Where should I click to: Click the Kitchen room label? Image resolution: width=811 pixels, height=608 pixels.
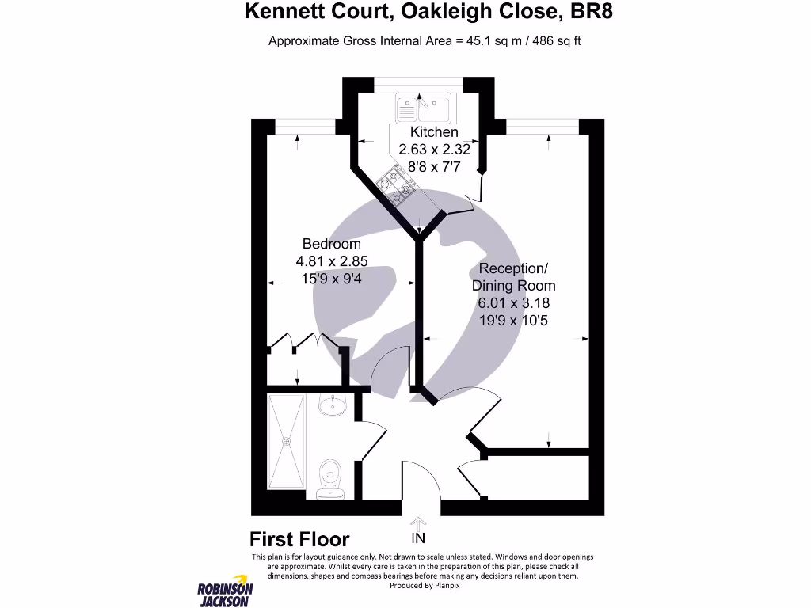click(433, 132)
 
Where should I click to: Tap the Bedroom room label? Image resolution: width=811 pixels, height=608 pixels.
click(331, 244)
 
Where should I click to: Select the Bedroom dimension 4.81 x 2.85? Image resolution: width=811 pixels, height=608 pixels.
click(331, 261)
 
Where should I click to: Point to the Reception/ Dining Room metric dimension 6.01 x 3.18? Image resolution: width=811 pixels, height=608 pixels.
click(513, 302)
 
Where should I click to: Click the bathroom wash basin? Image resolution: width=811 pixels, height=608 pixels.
click(333, 407)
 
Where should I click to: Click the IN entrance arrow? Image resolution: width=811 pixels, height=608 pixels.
click(418, 530)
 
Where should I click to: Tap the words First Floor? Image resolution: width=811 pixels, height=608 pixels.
click(299, 540)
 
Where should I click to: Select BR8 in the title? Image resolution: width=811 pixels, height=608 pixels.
click(589, 12)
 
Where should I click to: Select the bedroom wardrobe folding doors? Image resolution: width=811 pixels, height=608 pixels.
click(304, 342)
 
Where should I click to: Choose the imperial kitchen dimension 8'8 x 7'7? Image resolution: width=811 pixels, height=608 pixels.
click(433, 167)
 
